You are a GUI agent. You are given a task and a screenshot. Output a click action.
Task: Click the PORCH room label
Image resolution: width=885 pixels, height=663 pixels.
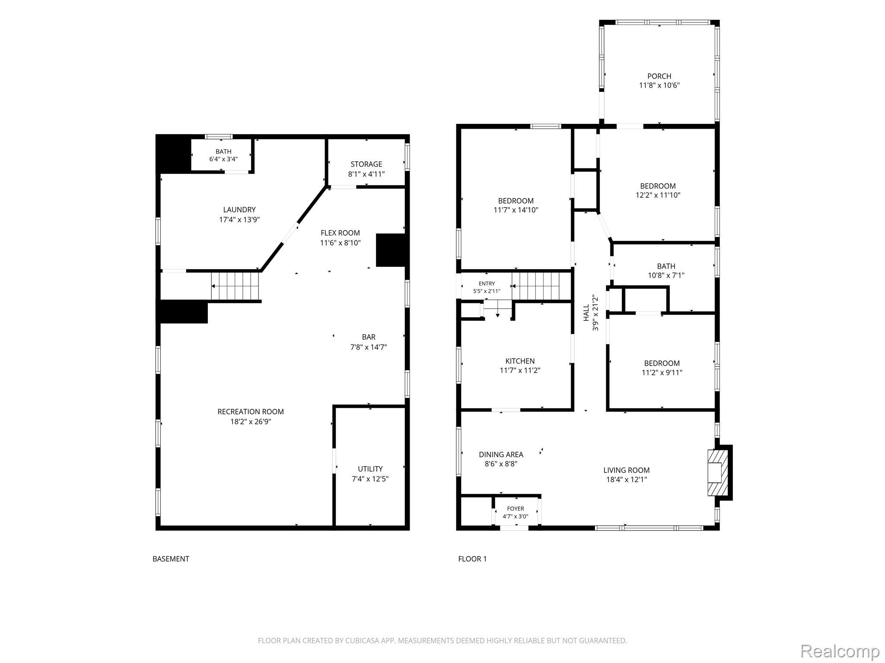(659, 76)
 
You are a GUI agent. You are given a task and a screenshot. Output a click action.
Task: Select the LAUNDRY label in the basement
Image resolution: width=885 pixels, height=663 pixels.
(239, 210)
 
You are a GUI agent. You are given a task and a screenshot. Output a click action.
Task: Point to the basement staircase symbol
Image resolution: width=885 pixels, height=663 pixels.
(236, 286)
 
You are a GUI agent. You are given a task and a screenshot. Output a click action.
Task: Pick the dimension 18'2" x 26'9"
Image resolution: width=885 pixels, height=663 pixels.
(251, 422)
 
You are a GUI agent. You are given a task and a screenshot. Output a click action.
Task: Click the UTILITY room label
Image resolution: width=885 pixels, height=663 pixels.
(370, 469)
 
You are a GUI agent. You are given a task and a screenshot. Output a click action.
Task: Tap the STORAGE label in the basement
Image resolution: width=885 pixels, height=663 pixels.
(366, 164)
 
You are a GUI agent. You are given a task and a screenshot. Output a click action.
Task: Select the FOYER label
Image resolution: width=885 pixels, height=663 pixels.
(516, 509)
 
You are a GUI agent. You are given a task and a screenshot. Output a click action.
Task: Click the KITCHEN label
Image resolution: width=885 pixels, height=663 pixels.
(520, 361)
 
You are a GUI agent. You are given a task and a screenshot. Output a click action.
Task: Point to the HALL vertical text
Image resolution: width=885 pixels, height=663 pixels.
(586, 313)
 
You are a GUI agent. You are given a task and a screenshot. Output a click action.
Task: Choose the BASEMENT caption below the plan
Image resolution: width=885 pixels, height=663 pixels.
(171, 559)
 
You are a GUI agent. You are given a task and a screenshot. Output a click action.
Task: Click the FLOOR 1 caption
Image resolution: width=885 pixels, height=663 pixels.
(472, 559)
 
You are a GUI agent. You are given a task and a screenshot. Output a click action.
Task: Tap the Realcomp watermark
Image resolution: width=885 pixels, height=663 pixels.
(840, 651)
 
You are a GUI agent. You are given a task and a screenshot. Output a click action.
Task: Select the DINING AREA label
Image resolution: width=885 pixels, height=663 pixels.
(501, 455)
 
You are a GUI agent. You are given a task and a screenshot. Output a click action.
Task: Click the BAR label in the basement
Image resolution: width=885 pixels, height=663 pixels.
(369, 337)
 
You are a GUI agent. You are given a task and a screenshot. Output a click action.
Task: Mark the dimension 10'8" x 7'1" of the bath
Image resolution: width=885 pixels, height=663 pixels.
(666, 275)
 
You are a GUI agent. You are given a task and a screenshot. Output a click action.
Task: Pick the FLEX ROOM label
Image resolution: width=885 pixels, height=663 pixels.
(340, 233)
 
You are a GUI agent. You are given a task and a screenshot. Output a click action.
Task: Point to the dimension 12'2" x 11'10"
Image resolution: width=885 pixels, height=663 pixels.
(658, 195)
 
